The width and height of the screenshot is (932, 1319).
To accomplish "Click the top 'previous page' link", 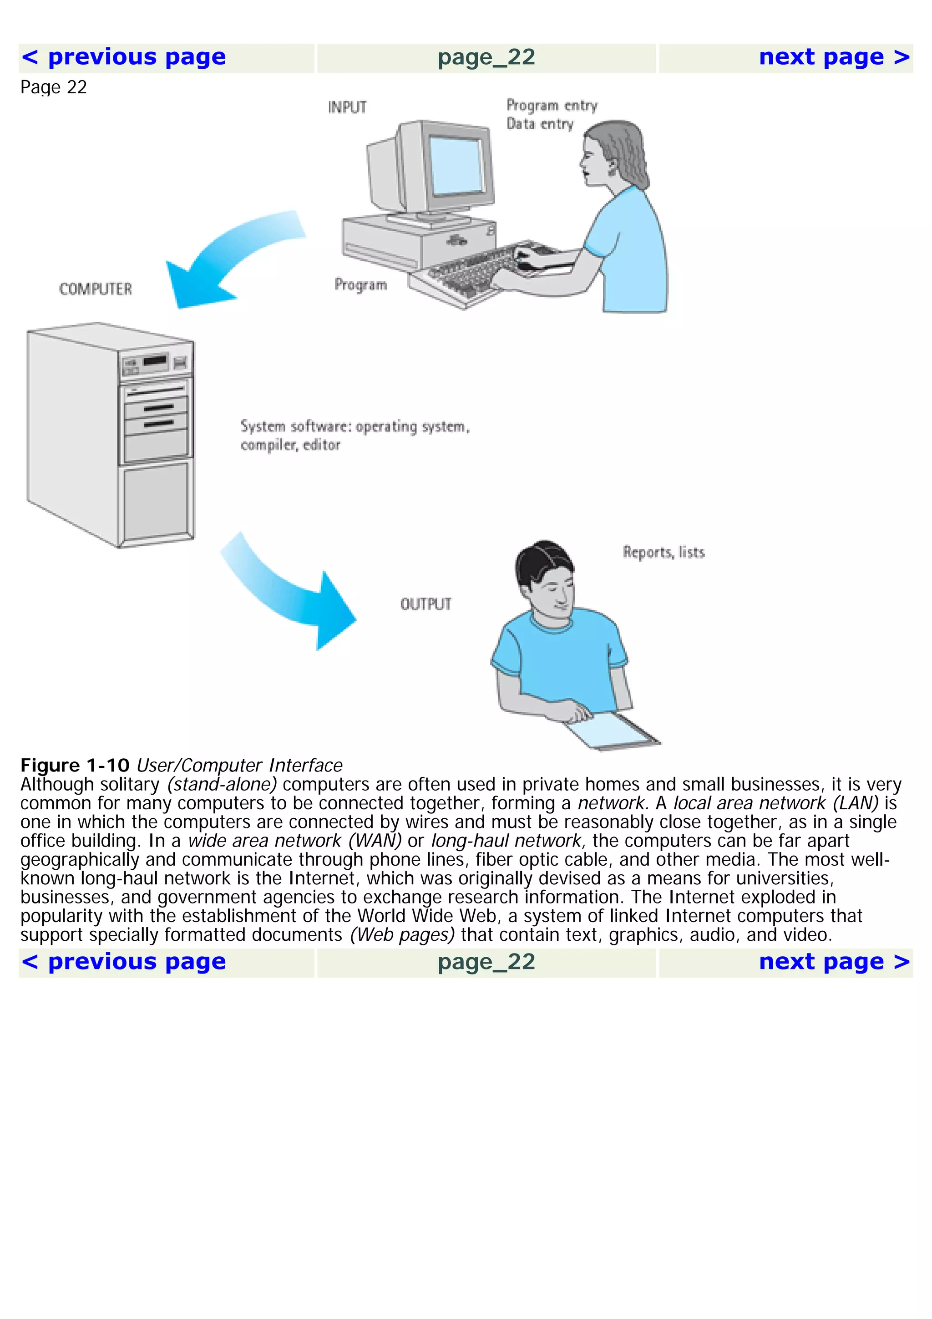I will pos(123,57).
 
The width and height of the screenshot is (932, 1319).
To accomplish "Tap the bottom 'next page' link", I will pos(834,962).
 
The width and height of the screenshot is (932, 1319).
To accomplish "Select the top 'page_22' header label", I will pos(486,57).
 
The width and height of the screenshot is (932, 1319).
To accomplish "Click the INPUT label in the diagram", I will pos(347,107).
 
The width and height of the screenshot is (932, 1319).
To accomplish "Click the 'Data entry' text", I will pos(540,124).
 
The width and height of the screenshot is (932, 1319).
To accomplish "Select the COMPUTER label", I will pos(95,289).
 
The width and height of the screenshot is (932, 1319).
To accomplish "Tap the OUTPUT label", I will pos(425,604).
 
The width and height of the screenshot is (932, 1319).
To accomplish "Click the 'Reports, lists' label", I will pos(663,552).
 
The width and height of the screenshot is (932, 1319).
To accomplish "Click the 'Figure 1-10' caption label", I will pos(75,766).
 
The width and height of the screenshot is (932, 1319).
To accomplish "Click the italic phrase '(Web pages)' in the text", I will pos(402,935).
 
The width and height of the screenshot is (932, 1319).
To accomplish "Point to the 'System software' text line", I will pos(355,427).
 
